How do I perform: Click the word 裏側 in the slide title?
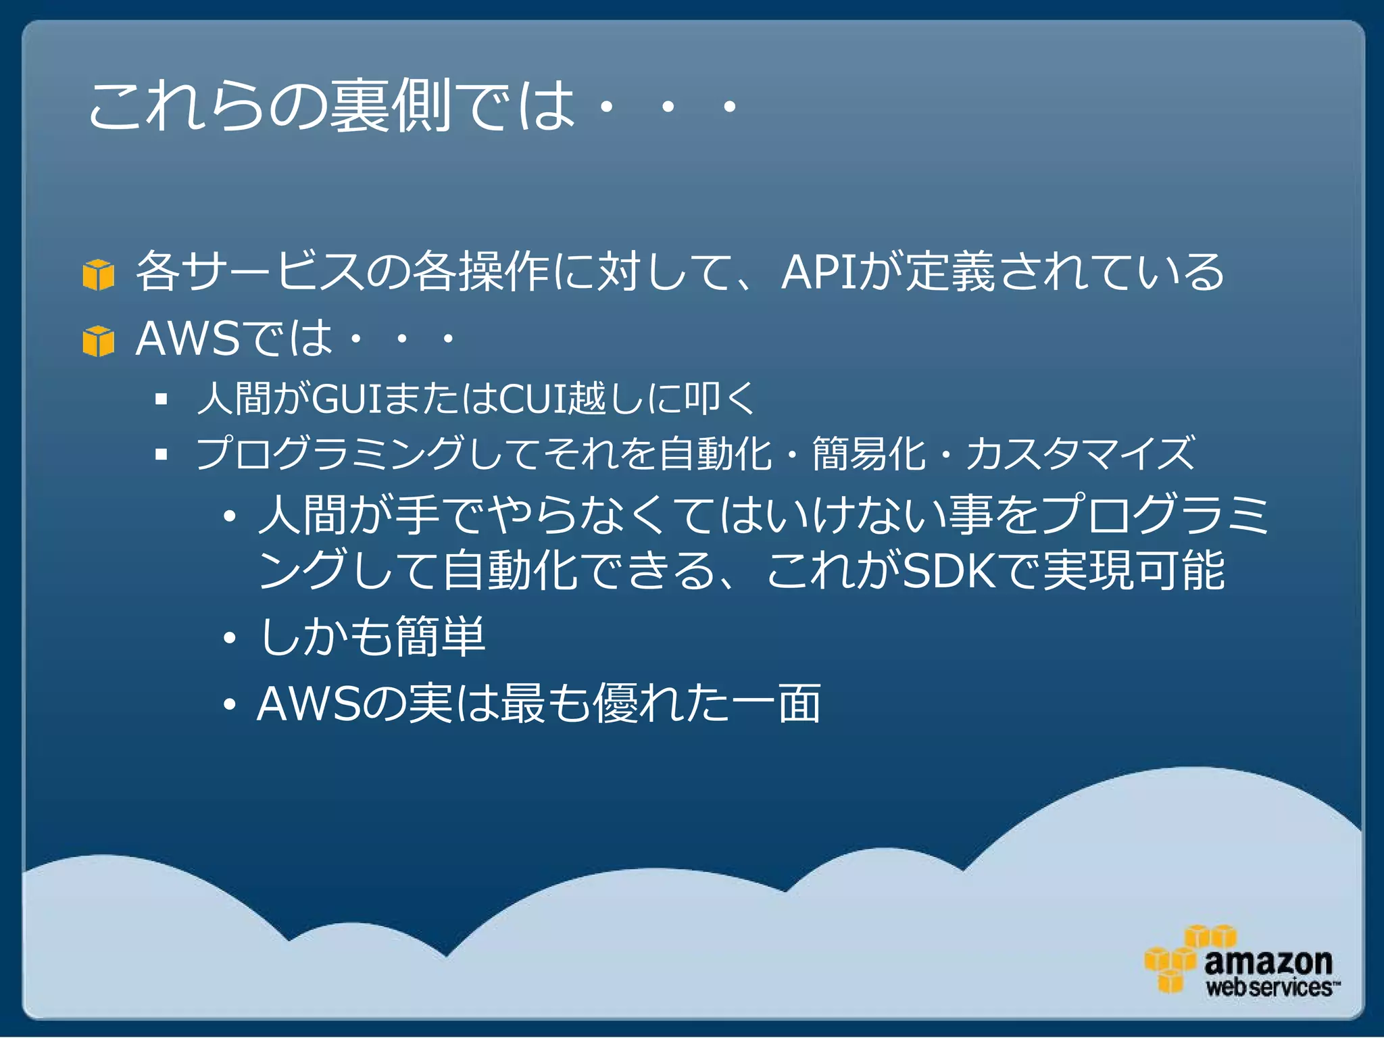(390, 106)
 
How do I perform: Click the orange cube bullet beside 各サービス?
(98, 275)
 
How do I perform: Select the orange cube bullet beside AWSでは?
(98, 341)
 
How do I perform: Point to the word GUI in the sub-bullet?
(347, 399)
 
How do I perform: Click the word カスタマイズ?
(1080, 453)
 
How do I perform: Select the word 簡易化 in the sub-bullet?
(868, 453)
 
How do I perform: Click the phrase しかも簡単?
(372, 637)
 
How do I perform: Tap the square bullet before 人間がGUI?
(161, 399)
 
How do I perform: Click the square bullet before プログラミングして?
(161, 454)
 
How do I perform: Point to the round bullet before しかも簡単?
(230, 638)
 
